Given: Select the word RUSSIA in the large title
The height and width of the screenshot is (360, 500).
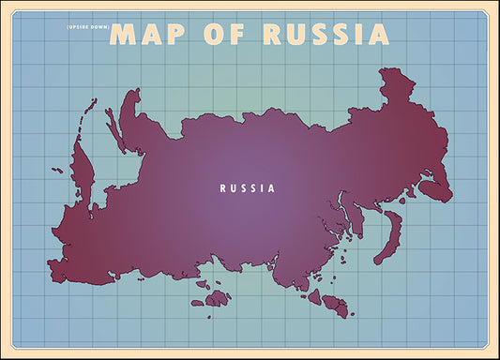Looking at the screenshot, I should tap(325, 34).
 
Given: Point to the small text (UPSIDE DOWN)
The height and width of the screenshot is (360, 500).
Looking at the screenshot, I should tap(88, 26).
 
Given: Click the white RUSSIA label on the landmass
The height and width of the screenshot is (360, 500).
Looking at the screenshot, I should tap(248, 187).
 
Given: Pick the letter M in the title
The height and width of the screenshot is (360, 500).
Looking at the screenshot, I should tap(125, 34).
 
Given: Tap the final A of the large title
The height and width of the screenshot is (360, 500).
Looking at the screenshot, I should tap(377, 34).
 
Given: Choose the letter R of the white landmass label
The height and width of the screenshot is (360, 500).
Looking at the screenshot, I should tap(223, 187).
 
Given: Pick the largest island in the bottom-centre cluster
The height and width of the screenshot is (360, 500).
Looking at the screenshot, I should tap(218, 298).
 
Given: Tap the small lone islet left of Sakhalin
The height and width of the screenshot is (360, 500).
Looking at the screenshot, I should tap(57, 171).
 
